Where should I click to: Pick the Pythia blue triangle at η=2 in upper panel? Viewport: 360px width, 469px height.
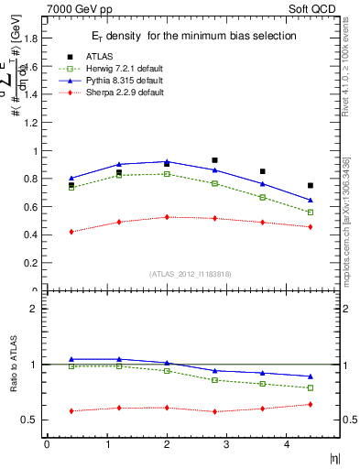(167, 162)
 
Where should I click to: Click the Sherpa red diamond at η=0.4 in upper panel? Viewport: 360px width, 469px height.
(71, 232)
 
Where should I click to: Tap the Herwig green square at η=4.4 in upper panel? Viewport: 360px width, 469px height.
(311, 213)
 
